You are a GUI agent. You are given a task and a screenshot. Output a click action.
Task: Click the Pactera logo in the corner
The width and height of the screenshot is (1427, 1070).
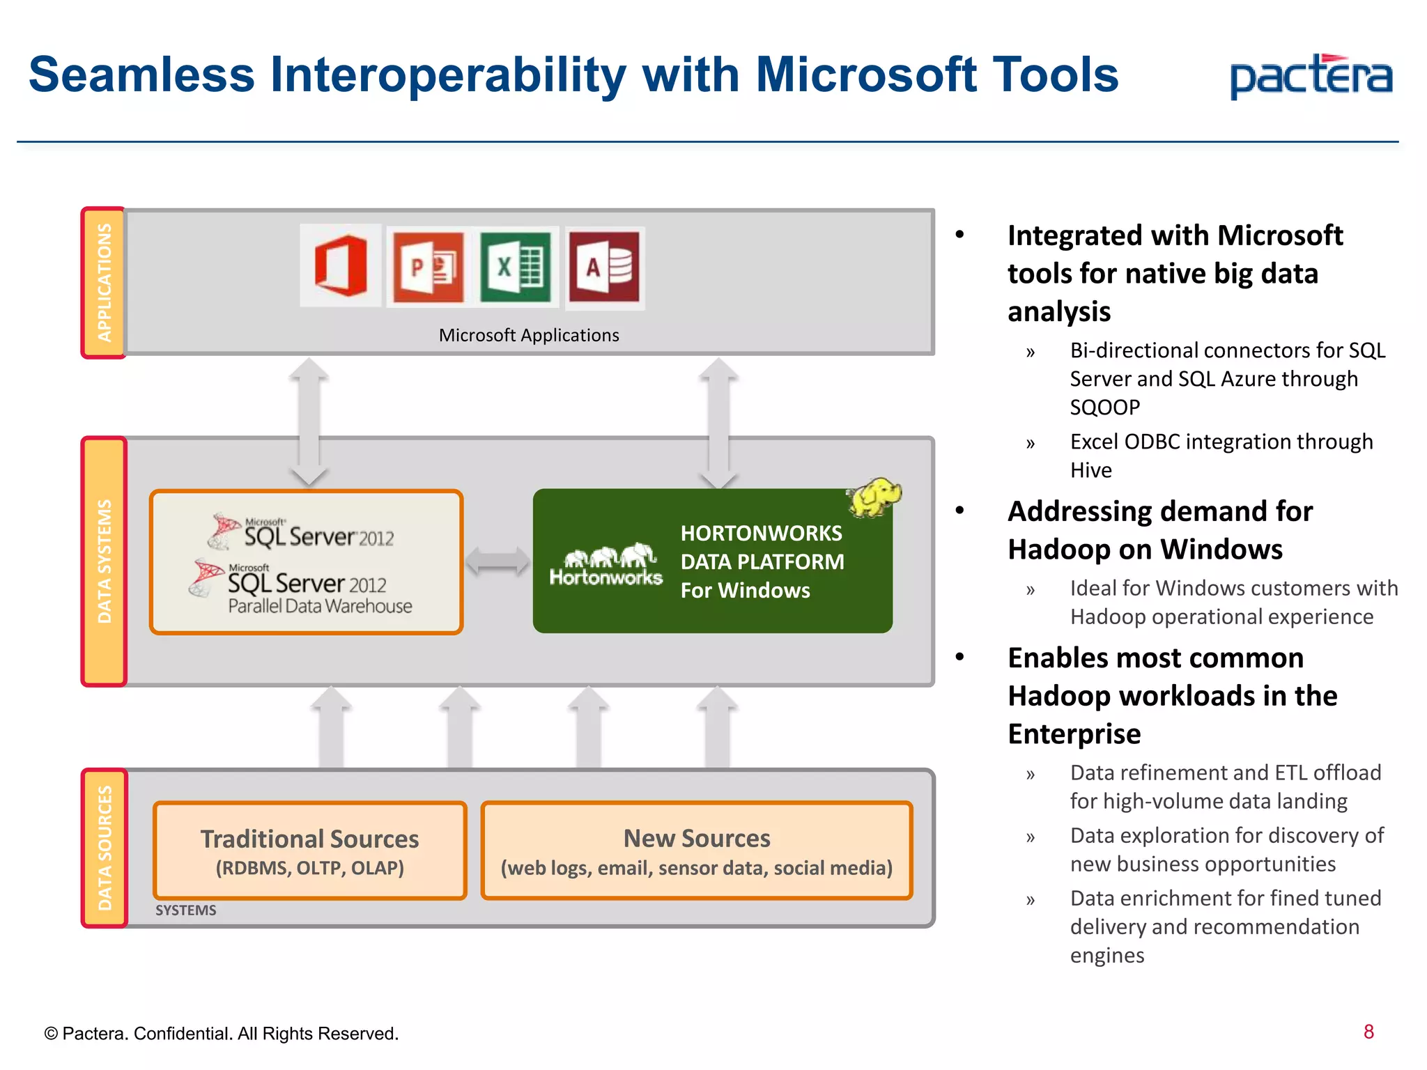(x=1311, y=77)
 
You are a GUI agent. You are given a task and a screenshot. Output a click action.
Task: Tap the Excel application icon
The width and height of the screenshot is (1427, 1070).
(x=516, y=267)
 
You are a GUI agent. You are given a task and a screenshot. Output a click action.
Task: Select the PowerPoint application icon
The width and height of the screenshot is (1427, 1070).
(x=428, y=267)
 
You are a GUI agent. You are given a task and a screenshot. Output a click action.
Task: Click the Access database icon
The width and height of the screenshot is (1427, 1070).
(x=604, y=267)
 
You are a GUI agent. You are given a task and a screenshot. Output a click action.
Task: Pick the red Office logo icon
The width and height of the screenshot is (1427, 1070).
(x=341, y=265)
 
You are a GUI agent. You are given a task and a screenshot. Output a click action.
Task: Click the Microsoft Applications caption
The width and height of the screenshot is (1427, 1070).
(x=528, y=335)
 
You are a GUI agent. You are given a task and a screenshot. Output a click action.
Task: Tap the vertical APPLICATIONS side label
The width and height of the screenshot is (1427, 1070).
(x=104, y=282)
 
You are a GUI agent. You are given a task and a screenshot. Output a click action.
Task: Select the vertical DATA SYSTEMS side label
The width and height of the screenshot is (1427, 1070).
(x=104, y=561)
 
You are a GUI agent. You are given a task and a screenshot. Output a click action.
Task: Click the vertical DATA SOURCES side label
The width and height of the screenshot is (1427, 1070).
(x=105, y=848)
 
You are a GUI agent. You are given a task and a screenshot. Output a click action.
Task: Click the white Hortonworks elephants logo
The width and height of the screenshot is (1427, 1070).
(x=606, y=564)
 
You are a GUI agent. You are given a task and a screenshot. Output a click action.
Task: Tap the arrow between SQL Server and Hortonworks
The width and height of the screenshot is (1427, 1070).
(x=497, y=561)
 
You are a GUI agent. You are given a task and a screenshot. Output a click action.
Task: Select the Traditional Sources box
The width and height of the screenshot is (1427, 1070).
(x=309, y=851)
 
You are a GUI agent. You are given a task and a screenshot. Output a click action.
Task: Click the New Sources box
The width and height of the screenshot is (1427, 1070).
(x=696, y=851)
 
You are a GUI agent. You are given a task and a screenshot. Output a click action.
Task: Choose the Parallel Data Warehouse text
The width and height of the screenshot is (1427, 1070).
(x=320, y=606)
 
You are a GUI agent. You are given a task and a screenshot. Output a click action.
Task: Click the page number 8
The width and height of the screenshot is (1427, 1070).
(x=1368, y=1032)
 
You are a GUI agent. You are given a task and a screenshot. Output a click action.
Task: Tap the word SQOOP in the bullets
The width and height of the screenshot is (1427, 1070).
(x=1104, y=407)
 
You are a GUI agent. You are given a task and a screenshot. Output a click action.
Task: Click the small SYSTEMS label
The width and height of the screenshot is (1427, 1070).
(x=185, y=910)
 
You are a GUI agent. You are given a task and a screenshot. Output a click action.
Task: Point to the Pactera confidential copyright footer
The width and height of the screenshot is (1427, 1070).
(x=221, y=1033)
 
